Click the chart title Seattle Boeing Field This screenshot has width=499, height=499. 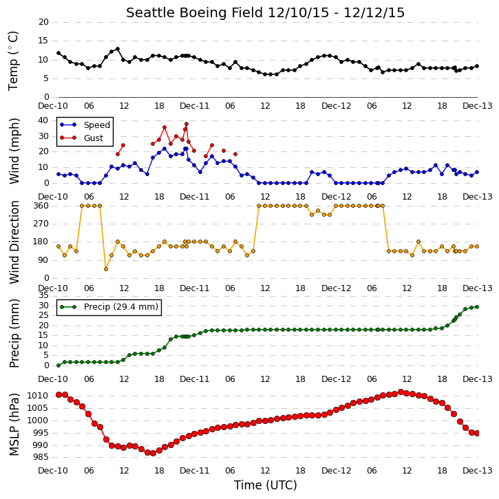(195, 12)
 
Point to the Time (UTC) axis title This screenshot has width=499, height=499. (266, 485)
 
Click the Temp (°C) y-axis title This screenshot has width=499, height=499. (13, 61)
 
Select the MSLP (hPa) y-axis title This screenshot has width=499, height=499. (13, 424)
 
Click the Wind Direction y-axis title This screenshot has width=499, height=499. (14, 242)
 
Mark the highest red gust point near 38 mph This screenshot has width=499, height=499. (187, 124)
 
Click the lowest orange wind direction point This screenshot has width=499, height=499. (106, 269)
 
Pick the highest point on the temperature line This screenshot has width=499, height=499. (118, 49)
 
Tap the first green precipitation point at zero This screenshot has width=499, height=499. (59, 365)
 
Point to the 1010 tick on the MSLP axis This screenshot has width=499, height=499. (37, 396)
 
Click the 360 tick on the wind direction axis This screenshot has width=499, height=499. (41, 206)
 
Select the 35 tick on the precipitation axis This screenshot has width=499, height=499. (43, 296)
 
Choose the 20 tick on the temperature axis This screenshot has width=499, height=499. (43, 22)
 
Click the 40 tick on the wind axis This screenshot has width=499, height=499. (43, 120)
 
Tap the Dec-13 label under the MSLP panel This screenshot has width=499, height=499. (478, 470)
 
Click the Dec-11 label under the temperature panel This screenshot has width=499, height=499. (195, 106)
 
